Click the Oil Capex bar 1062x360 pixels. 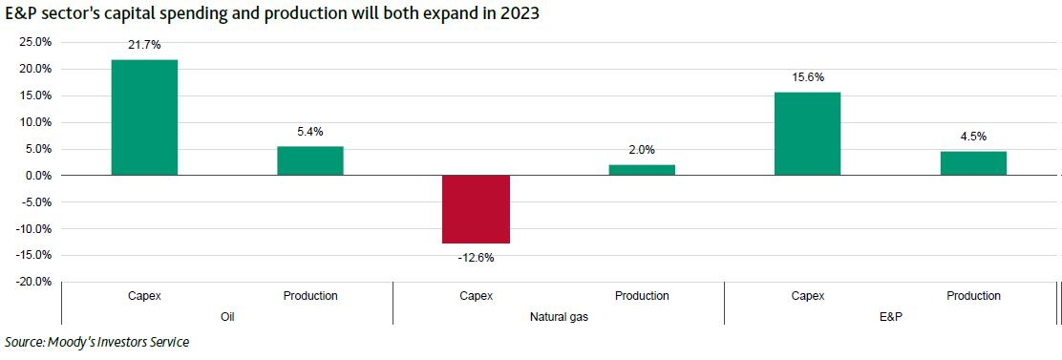(144, 117)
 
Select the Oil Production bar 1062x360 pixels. (310, 160)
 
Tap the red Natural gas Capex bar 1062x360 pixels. (476, 209)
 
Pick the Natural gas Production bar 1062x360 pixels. (642, 170)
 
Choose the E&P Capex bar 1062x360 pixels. (807, 134)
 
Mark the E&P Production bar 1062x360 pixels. (973, 163)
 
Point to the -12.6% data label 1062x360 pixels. (476, 257)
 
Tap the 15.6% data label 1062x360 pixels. (807, 78)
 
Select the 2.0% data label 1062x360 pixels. (642, 151)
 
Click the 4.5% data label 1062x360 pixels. (973, 138)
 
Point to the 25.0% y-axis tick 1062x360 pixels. (34, 42)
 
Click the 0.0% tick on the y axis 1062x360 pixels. (37, 176)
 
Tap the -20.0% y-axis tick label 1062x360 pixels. (33, 282)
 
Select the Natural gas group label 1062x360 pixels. (559, 316)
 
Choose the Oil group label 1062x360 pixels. (227, 316)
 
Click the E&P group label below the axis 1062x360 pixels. (890, 316)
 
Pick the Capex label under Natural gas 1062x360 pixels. (476, 296)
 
